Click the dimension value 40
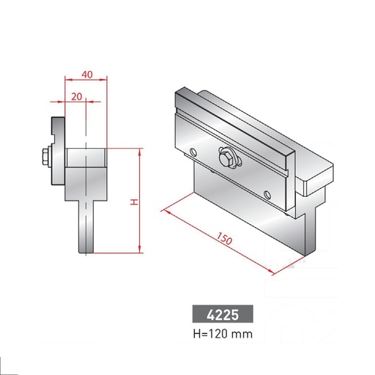pos(86,73)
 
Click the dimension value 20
pos(76,97)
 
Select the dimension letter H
pos(134,201)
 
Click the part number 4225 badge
pos(223,315)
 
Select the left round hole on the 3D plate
pos(193,152)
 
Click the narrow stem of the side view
pos(86,227)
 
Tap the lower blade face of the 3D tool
pos(242,212)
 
